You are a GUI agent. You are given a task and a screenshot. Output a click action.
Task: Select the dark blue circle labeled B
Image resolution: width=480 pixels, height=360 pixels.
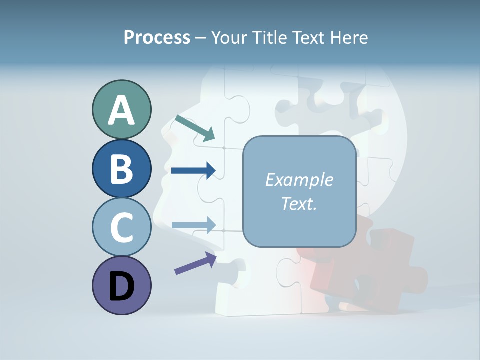(121, 169)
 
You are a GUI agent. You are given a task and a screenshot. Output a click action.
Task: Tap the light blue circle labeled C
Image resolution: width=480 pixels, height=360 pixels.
(121, 227)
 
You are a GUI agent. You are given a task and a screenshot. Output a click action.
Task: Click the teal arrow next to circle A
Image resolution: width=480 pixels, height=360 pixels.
(195, 128)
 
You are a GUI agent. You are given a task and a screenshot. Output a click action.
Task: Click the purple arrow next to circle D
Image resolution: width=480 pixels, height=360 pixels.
(195, 263)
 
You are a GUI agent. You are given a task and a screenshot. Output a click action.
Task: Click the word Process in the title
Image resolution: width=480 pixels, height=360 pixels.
(157, 38)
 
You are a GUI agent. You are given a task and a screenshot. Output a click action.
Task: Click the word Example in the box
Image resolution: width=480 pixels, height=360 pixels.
(299, 180)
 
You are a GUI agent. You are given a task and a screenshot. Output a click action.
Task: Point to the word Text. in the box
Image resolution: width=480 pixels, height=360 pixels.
(299, 203)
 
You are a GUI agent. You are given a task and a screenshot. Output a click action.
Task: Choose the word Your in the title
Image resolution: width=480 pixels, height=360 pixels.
(228, 38)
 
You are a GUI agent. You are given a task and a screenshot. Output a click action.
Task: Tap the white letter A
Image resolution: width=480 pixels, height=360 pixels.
(121, 110)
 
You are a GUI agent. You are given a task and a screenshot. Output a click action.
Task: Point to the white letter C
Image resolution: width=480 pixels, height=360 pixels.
(121, 227)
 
